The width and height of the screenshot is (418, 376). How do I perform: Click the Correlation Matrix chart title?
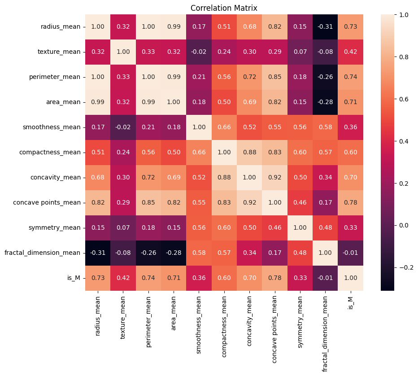pos(224,8)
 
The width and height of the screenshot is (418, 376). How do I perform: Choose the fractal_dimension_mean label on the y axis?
pos(43,253)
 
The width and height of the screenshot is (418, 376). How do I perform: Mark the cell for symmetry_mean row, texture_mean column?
pos(123,227)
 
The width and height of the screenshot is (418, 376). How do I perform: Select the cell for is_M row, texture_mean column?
pos(123,278)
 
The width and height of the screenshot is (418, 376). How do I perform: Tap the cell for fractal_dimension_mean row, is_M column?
pos(351,253)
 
